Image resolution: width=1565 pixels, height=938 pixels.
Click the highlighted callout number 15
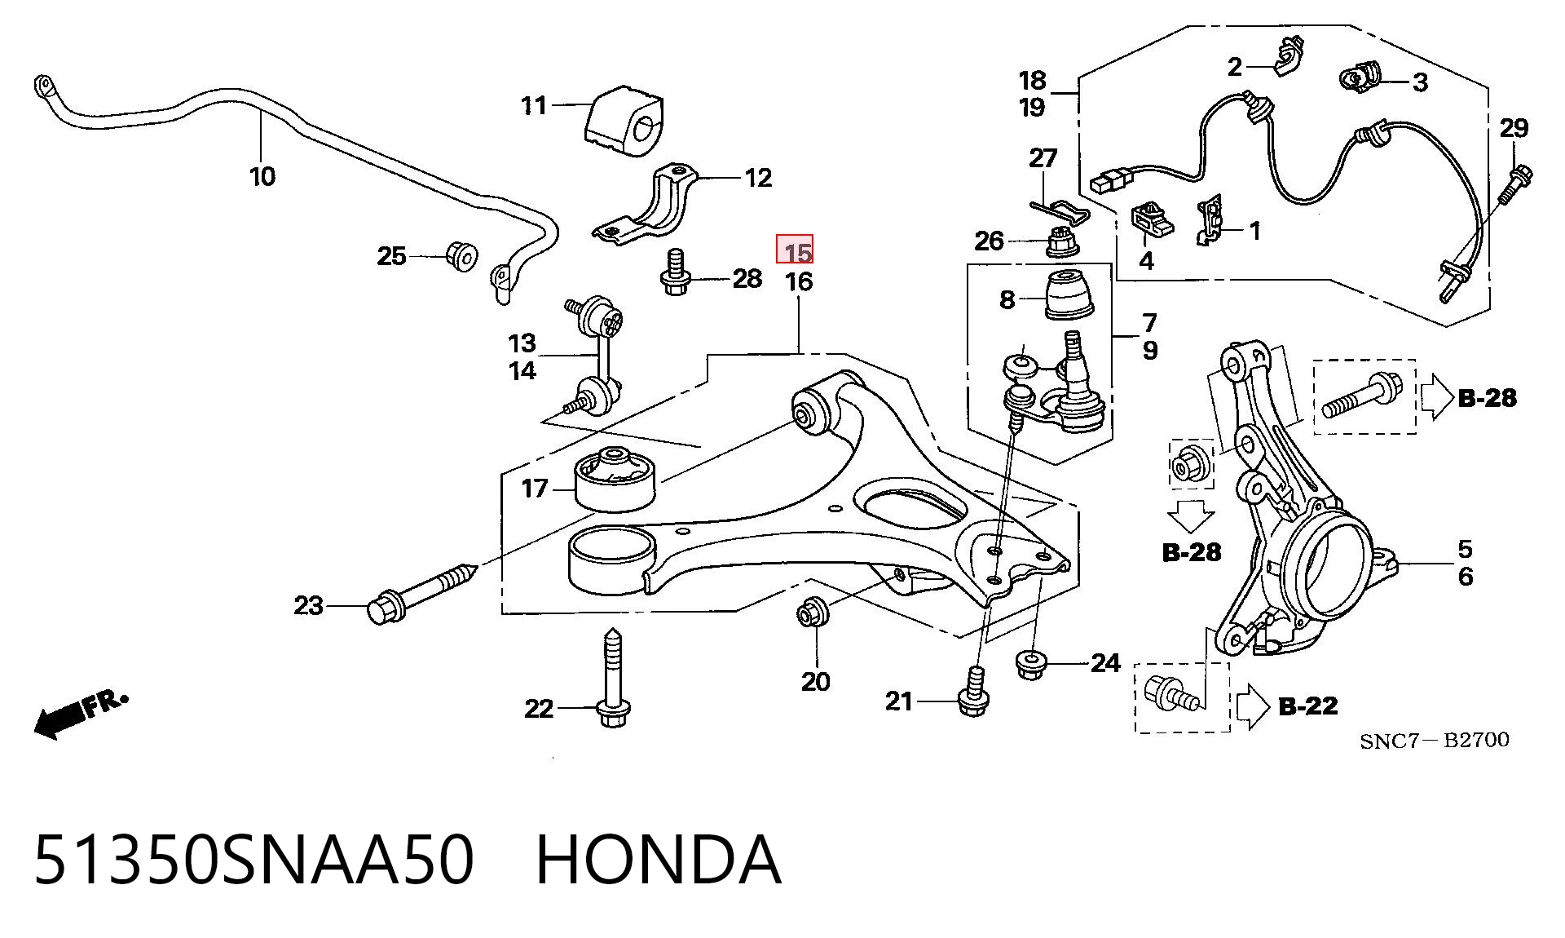tap(795, 250)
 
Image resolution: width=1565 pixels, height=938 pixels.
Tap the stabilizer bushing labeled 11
tap(624, 122)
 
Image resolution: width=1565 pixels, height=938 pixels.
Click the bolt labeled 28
tap(674, 272)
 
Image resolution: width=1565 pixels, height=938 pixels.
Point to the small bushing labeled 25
tap(462, 256)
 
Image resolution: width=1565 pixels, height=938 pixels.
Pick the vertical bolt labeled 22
tap(613, 678)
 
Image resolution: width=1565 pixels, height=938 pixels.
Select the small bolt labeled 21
tap(972, 692)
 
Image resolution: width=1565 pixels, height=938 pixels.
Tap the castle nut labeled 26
tap(1061, 241)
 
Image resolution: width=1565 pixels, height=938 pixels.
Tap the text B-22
tap(1308, 706)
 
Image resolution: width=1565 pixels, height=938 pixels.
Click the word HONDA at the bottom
tap(659, 861)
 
